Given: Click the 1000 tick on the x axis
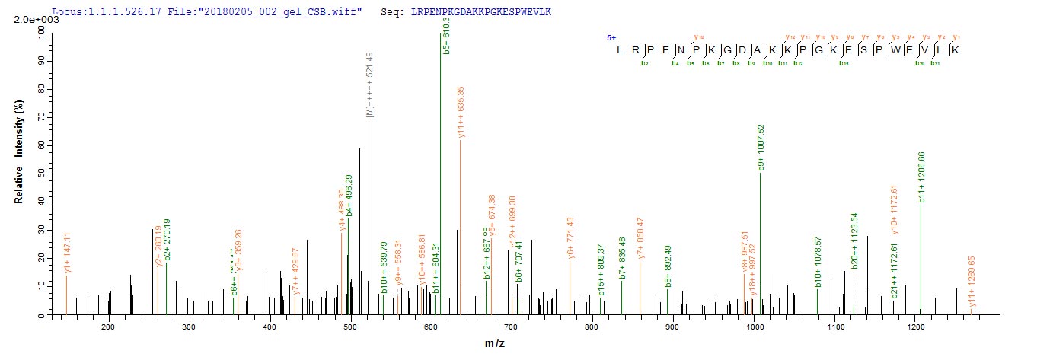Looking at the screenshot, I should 755,327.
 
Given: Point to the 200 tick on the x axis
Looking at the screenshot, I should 108,327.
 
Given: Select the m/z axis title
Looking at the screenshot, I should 496,345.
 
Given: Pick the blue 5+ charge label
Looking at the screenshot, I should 610,37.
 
